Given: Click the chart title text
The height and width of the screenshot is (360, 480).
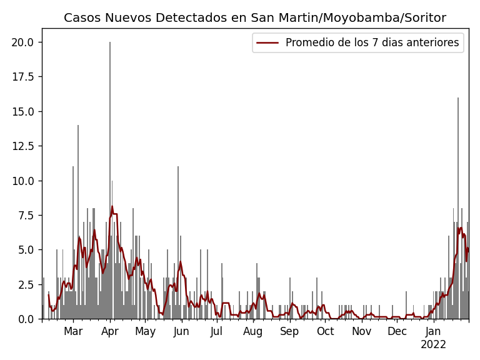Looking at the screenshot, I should [255, 18].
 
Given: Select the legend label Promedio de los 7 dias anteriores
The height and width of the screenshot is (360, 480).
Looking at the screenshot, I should [372, 43].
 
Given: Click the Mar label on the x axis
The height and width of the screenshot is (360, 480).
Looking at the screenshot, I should [73, 331].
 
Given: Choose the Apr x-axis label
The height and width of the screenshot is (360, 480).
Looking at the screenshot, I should [110, 331].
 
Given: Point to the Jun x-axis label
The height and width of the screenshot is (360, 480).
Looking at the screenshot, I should [181, 331].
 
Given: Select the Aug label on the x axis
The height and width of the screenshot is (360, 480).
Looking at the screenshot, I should [253, 331].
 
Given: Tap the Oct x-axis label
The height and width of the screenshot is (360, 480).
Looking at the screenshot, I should [325, 331].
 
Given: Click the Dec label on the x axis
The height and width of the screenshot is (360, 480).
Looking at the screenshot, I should [397, 331].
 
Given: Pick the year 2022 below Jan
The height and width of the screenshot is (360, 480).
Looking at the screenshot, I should [433, 345].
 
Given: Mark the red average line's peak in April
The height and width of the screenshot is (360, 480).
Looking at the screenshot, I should [112, 206].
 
